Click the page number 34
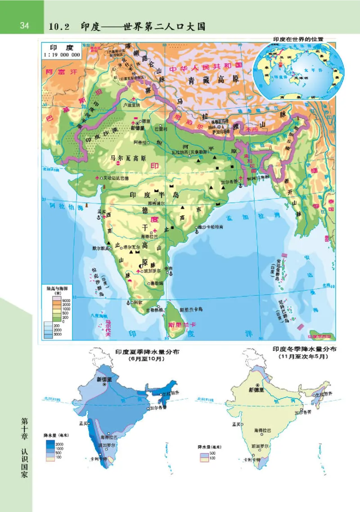[x=24, y=26]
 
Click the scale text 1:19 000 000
[x=62, y=55]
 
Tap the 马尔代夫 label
[x=108, y=328]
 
